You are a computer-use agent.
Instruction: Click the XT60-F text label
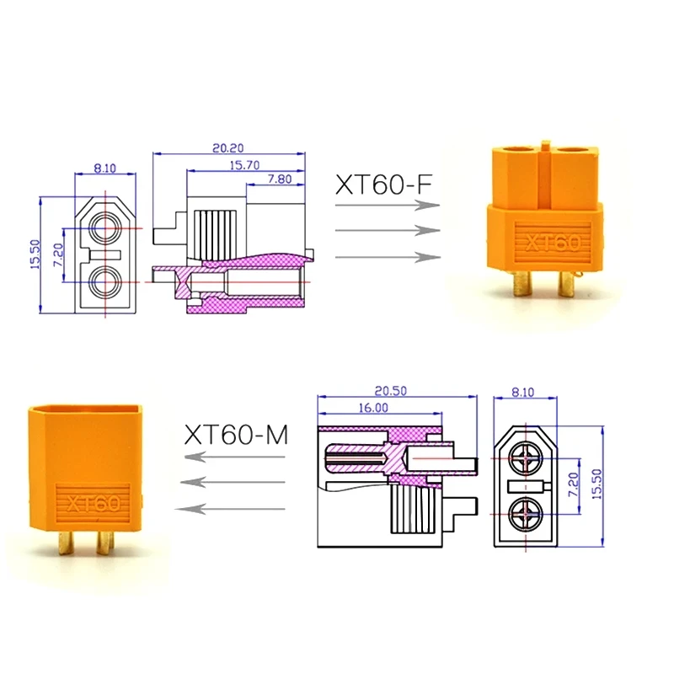[387, 185]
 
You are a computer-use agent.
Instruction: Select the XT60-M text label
[236, 435]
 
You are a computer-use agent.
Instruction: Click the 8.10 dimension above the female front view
[105, 168]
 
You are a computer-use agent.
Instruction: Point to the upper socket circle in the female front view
[106, 226]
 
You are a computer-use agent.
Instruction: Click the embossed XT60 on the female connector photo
[552, 243]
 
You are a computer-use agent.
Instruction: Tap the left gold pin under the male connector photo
[66, 543]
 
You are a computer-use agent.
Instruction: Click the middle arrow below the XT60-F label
[388, 230]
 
